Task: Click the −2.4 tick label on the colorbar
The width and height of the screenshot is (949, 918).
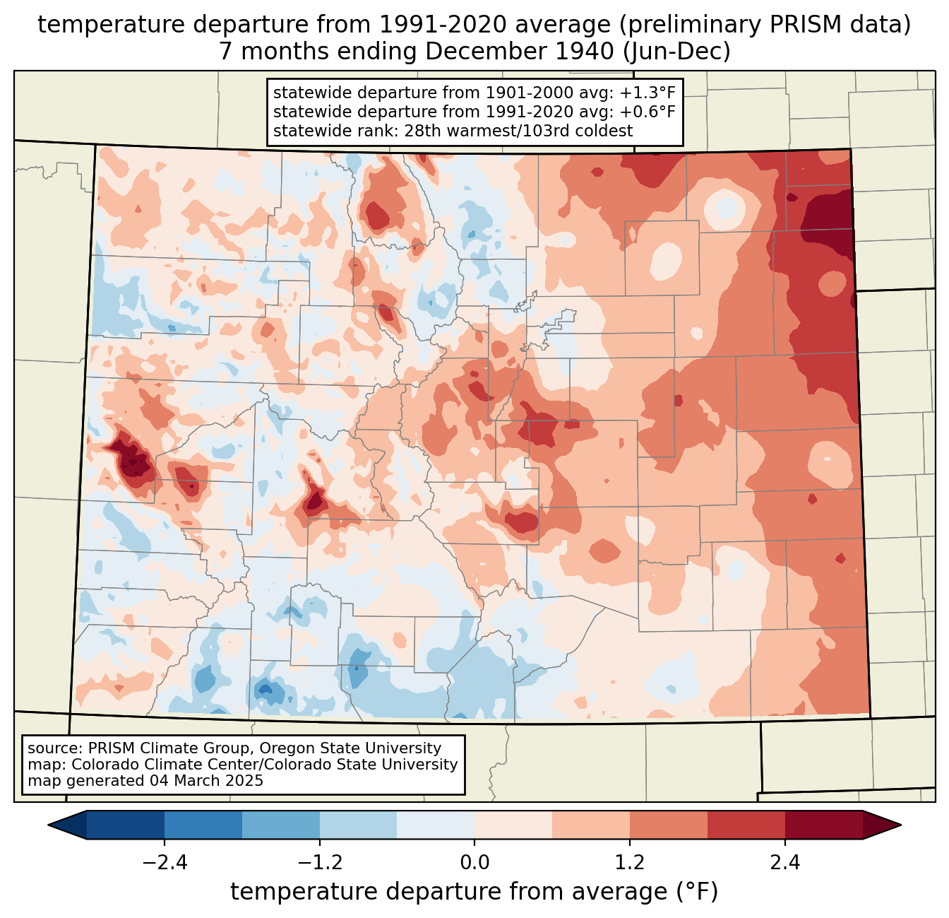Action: coord(164,863)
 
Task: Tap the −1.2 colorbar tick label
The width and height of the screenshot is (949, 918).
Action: coord(319,863)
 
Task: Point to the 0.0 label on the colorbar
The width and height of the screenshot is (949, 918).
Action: coord(474,863)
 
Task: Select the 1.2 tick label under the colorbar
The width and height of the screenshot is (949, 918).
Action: coord(630,863)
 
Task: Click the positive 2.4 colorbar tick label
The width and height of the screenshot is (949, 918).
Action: coord(785,863)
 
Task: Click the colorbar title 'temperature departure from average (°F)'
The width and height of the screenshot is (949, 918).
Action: coord(474,892)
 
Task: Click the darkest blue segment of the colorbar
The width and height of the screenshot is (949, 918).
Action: coord(126,825)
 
